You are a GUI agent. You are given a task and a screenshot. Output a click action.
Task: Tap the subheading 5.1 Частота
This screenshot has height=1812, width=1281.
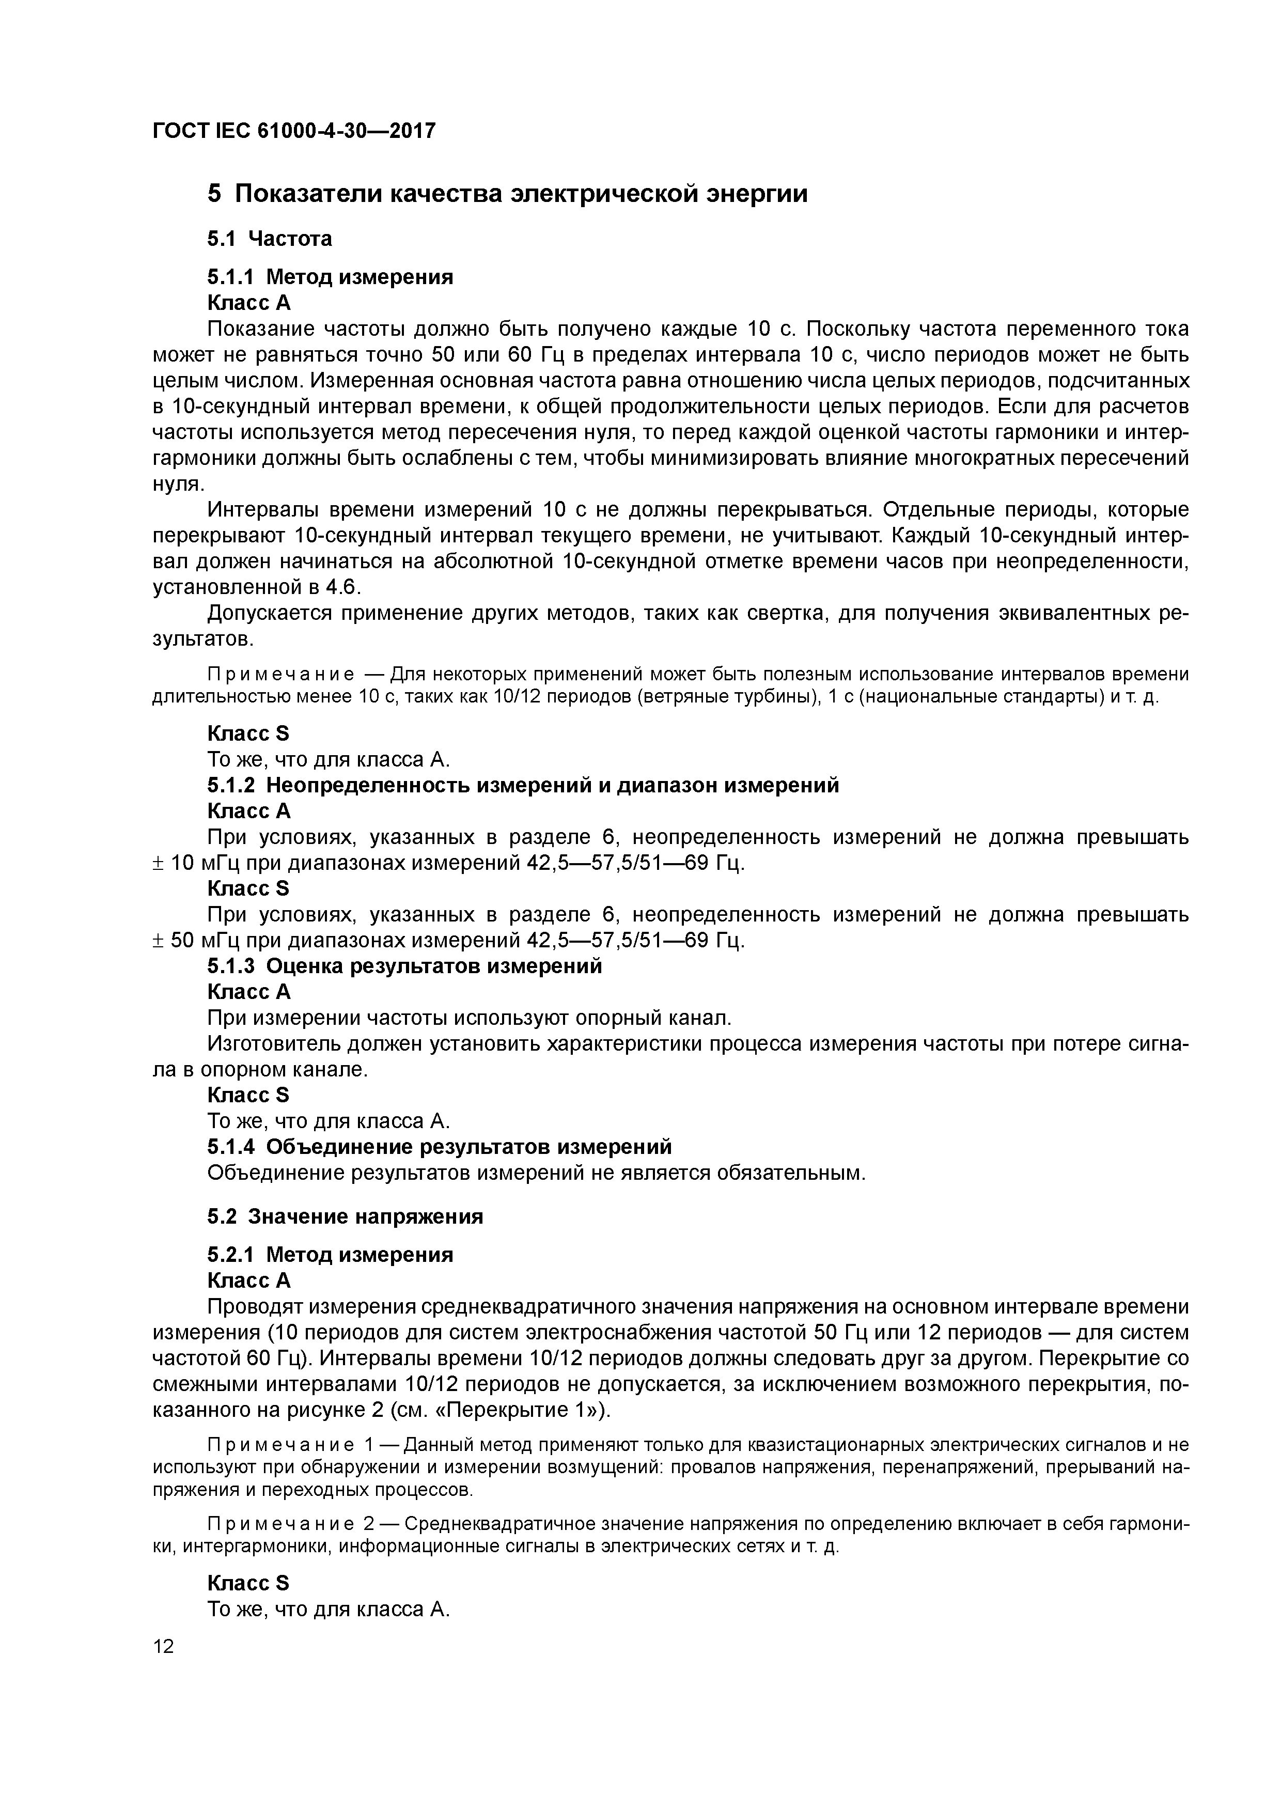pos(269,238)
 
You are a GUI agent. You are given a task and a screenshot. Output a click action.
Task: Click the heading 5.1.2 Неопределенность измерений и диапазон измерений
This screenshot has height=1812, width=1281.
pos(523,785)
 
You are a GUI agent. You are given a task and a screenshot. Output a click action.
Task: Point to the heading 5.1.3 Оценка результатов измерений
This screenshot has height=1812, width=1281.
pos(404,966)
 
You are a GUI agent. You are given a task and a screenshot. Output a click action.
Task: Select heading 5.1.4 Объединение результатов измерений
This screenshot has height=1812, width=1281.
pos(439,1146)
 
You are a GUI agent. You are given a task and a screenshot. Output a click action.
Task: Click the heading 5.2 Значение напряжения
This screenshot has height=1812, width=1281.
pos(345,1216)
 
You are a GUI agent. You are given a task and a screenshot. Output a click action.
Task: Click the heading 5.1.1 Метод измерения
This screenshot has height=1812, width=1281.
pos(330,277)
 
